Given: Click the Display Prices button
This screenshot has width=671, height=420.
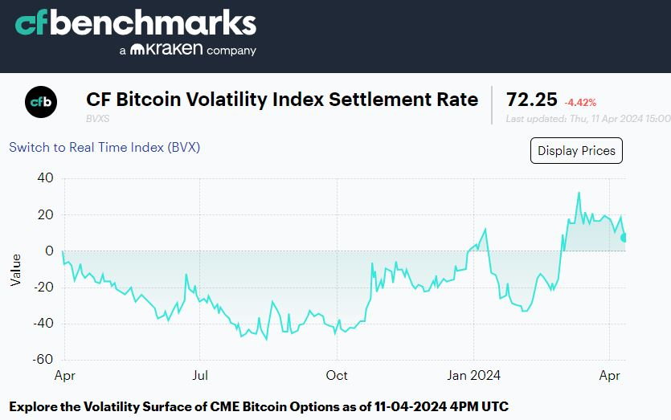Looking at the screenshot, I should point(576,150).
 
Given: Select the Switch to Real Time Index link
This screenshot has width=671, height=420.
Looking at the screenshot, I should point(104,147).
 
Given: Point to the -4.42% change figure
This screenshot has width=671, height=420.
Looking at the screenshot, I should point(580,102).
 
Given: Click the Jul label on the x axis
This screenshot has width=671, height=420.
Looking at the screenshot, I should point(200,375).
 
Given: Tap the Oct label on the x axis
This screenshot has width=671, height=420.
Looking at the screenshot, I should point(337,375).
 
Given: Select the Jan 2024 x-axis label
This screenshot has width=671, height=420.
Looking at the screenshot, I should point(473,375).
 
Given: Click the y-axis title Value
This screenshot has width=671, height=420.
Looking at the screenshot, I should point(16,269).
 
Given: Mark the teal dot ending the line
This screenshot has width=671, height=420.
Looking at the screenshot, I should point(625,237).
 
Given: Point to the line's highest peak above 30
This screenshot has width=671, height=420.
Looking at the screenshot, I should point(578,193).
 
